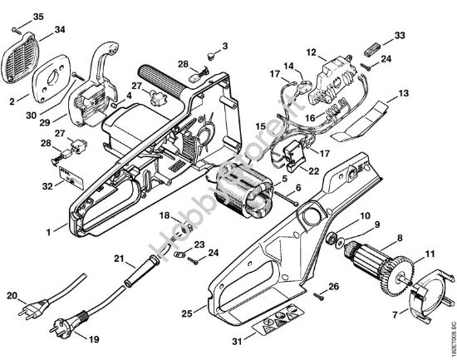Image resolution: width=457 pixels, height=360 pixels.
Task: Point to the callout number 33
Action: point(400,36)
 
